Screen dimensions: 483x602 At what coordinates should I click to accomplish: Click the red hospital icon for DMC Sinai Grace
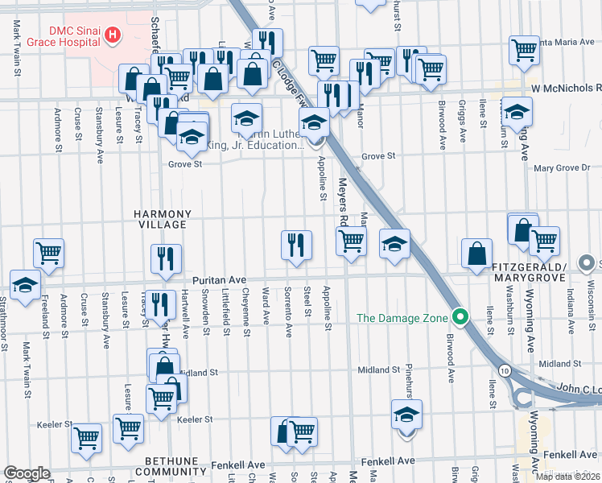[x=113, y=35]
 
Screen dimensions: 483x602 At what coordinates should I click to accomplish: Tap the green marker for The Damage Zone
[x=460, y=318]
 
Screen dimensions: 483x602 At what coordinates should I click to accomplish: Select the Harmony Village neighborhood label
[x=163, y=219]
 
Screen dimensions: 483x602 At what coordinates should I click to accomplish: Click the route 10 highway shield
[x=503, y=369]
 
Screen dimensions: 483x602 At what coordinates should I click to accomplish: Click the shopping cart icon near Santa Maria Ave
[x=524, y=51]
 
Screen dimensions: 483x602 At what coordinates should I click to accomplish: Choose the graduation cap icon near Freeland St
[x=26, y=284]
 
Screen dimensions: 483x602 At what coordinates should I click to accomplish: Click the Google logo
[x=27, y=473]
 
